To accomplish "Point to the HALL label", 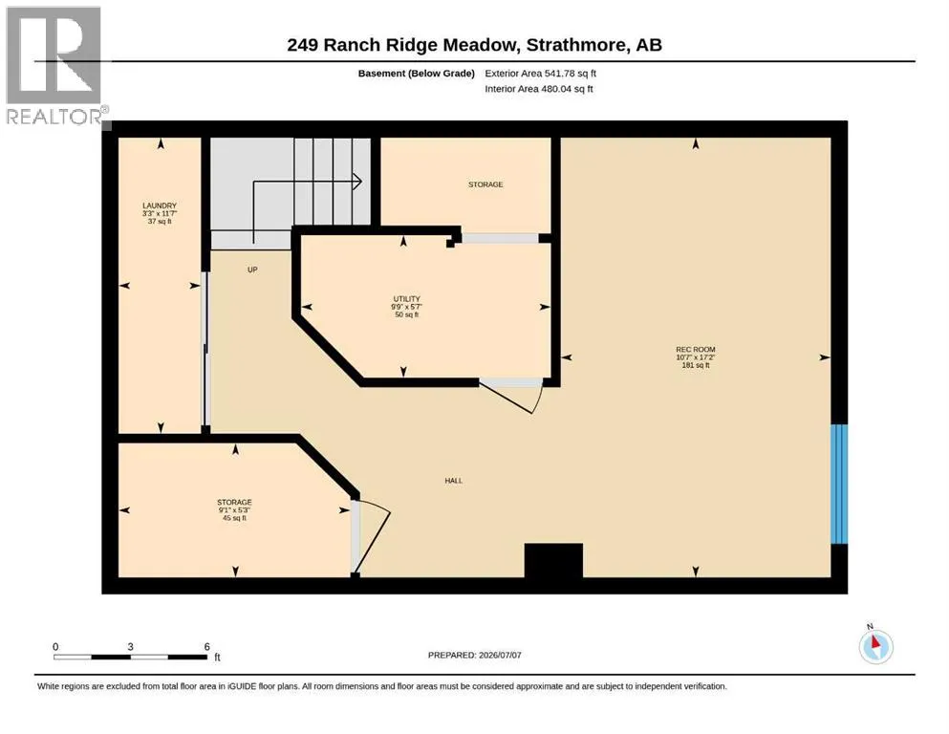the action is click(453, 481).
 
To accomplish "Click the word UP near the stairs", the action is click(252, 270).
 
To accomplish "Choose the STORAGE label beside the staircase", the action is click(485, 184).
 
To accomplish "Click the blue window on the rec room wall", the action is click(839, 485).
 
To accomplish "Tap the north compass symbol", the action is click(875, 645).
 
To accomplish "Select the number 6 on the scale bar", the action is click(207, 647).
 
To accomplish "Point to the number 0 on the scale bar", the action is click(55, 647).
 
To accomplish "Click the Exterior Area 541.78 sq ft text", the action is click(541, 74).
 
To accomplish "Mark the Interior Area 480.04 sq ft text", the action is click(539, 89).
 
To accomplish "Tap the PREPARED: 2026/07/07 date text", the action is click(474, 656).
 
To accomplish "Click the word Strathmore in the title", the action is click(575, 45).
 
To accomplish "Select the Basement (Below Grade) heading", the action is click(417, 74).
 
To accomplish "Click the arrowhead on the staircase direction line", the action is click(357, 181).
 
